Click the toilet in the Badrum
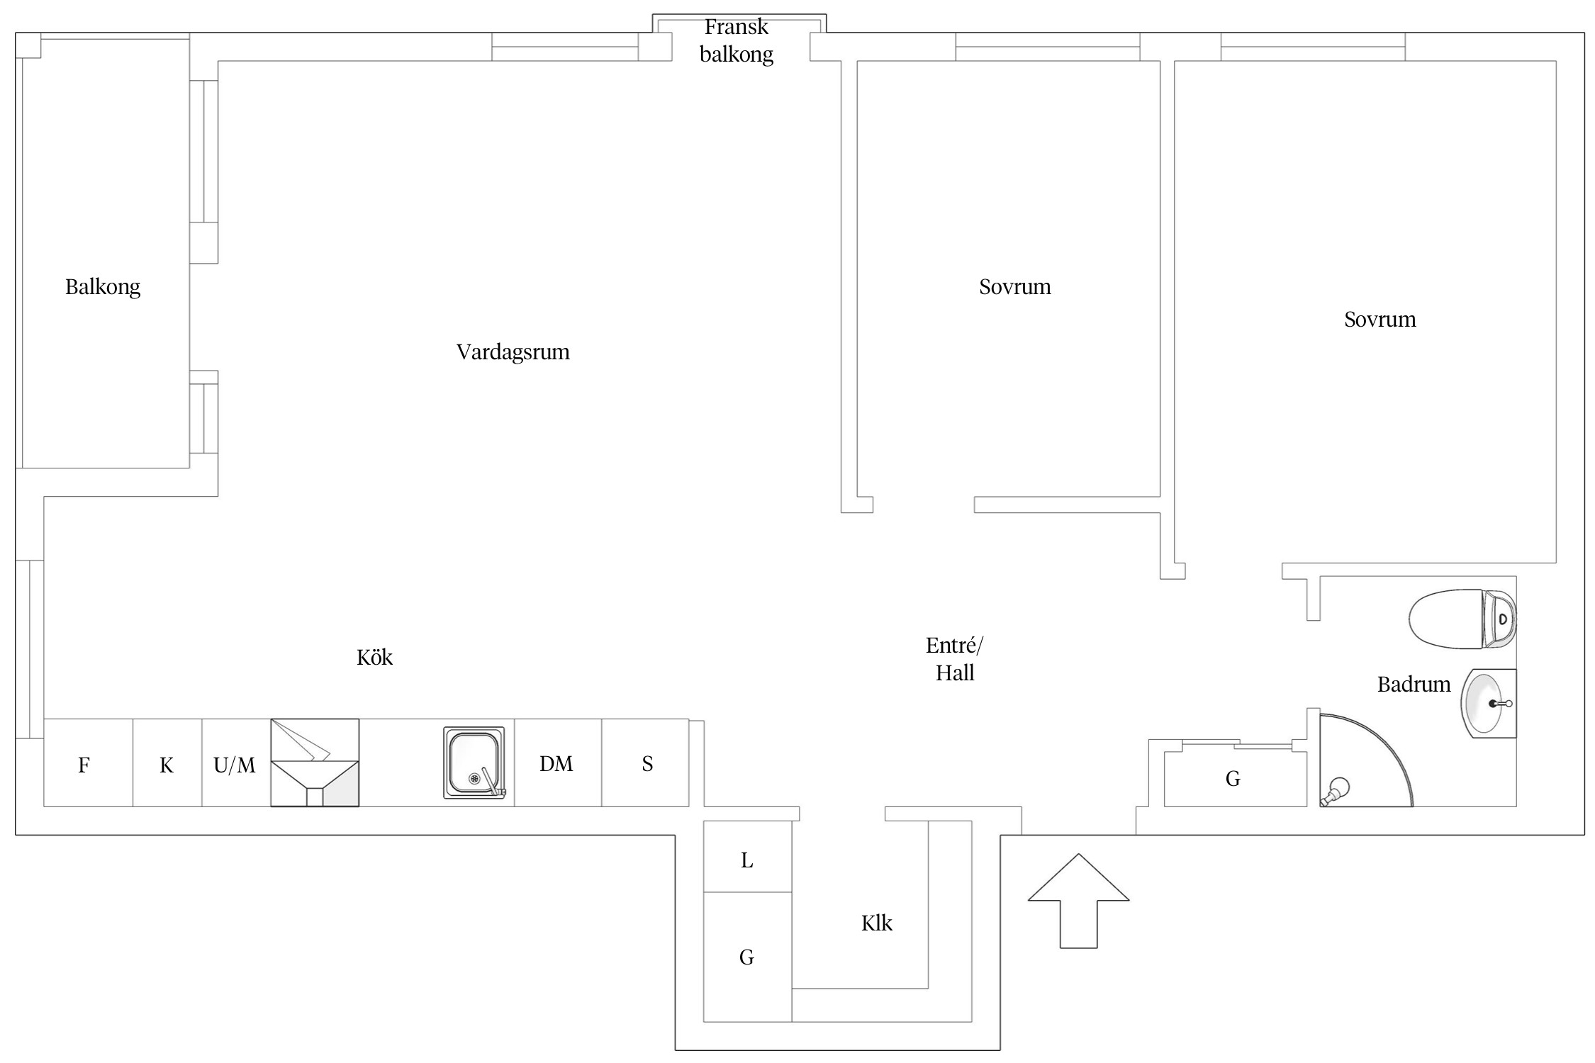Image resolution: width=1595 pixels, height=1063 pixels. (1460, 619)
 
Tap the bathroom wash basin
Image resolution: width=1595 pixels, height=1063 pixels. (1487, 704)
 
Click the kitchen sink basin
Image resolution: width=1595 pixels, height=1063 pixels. (474, 763)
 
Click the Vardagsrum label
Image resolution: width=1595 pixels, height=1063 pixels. (513, 352)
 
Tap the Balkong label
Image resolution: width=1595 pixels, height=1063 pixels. (103, 287)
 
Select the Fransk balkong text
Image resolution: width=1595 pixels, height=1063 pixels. (737, 40)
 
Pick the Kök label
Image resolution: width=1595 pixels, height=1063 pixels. (374, 658)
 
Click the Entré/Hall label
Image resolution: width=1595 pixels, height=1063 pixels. (954, 659)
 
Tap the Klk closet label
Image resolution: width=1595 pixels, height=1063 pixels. (876, 923)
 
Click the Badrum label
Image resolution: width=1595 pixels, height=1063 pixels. (1414, 685)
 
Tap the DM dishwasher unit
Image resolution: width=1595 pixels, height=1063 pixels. (557, 763)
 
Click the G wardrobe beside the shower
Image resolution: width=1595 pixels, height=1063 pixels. (1234, 779)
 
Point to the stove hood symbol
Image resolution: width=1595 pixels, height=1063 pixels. (315, 763)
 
